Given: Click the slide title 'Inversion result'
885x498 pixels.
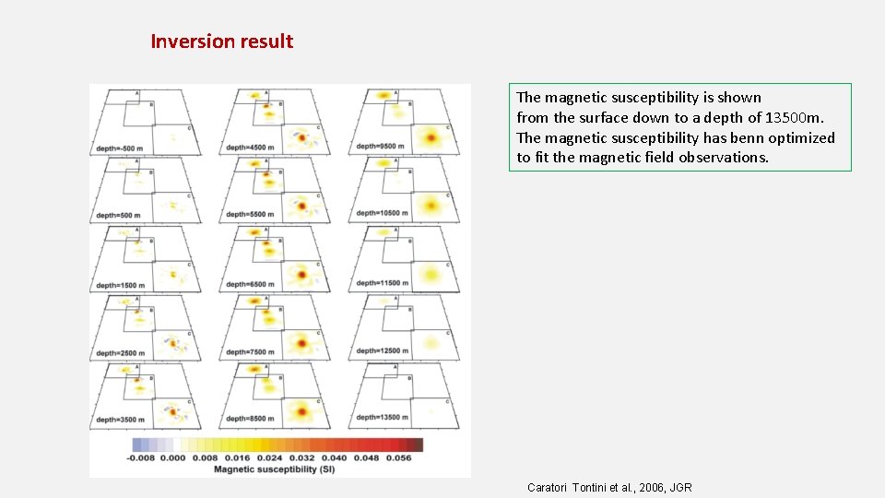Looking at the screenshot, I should [221, 41].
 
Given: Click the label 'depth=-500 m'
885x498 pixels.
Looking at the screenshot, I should [120, 148].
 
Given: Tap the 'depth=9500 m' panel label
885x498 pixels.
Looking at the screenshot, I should [380, 148].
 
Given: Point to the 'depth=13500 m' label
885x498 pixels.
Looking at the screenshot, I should [382, 419].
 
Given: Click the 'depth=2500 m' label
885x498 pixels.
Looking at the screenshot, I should [120, 352].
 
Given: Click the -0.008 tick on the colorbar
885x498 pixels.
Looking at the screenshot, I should [142, 457].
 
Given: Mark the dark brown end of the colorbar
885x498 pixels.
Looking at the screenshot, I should [416, 445].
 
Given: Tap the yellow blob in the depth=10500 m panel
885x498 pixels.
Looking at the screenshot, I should [428, 205].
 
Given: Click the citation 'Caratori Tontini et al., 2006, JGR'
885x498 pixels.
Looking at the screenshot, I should [609, 487].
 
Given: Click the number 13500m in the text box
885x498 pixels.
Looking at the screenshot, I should [794, 118].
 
